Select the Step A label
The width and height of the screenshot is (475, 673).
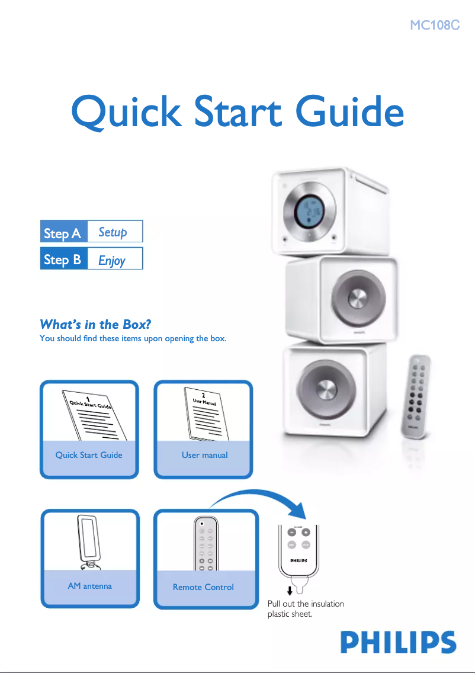pos(63,233)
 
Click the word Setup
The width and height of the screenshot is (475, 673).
pos(113,232)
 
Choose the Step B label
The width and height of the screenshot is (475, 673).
pos(63,259)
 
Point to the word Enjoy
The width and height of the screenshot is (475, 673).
pos(112,259)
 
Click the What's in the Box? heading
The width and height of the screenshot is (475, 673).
pos(95,324)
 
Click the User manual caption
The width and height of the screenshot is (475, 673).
pos(204,455)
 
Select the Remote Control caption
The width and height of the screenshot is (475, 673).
pos(203,587)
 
